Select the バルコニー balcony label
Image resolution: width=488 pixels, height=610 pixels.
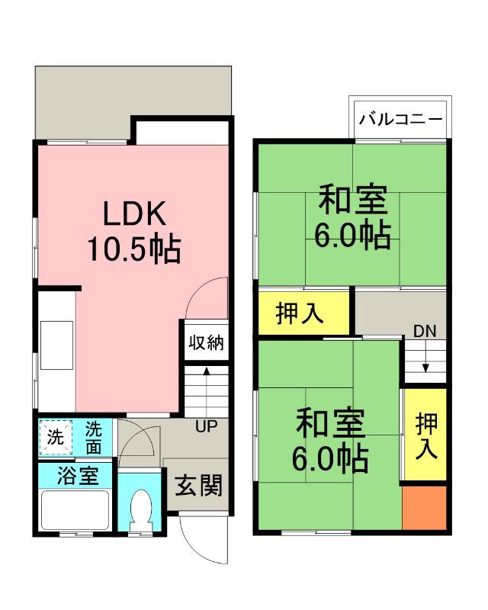pos(400,120)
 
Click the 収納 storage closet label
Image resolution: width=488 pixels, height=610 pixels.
pos(206,342)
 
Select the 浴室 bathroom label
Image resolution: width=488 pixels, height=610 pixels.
pos(78,476)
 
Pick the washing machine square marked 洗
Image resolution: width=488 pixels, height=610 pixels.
pos(56,438)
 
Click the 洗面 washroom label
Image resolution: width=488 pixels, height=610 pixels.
pos(94,437)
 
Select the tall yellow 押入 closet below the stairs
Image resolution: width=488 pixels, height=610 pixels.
pos(425,435)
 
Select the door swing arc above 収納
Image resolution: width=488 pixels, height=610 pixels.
pos(207,298)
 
